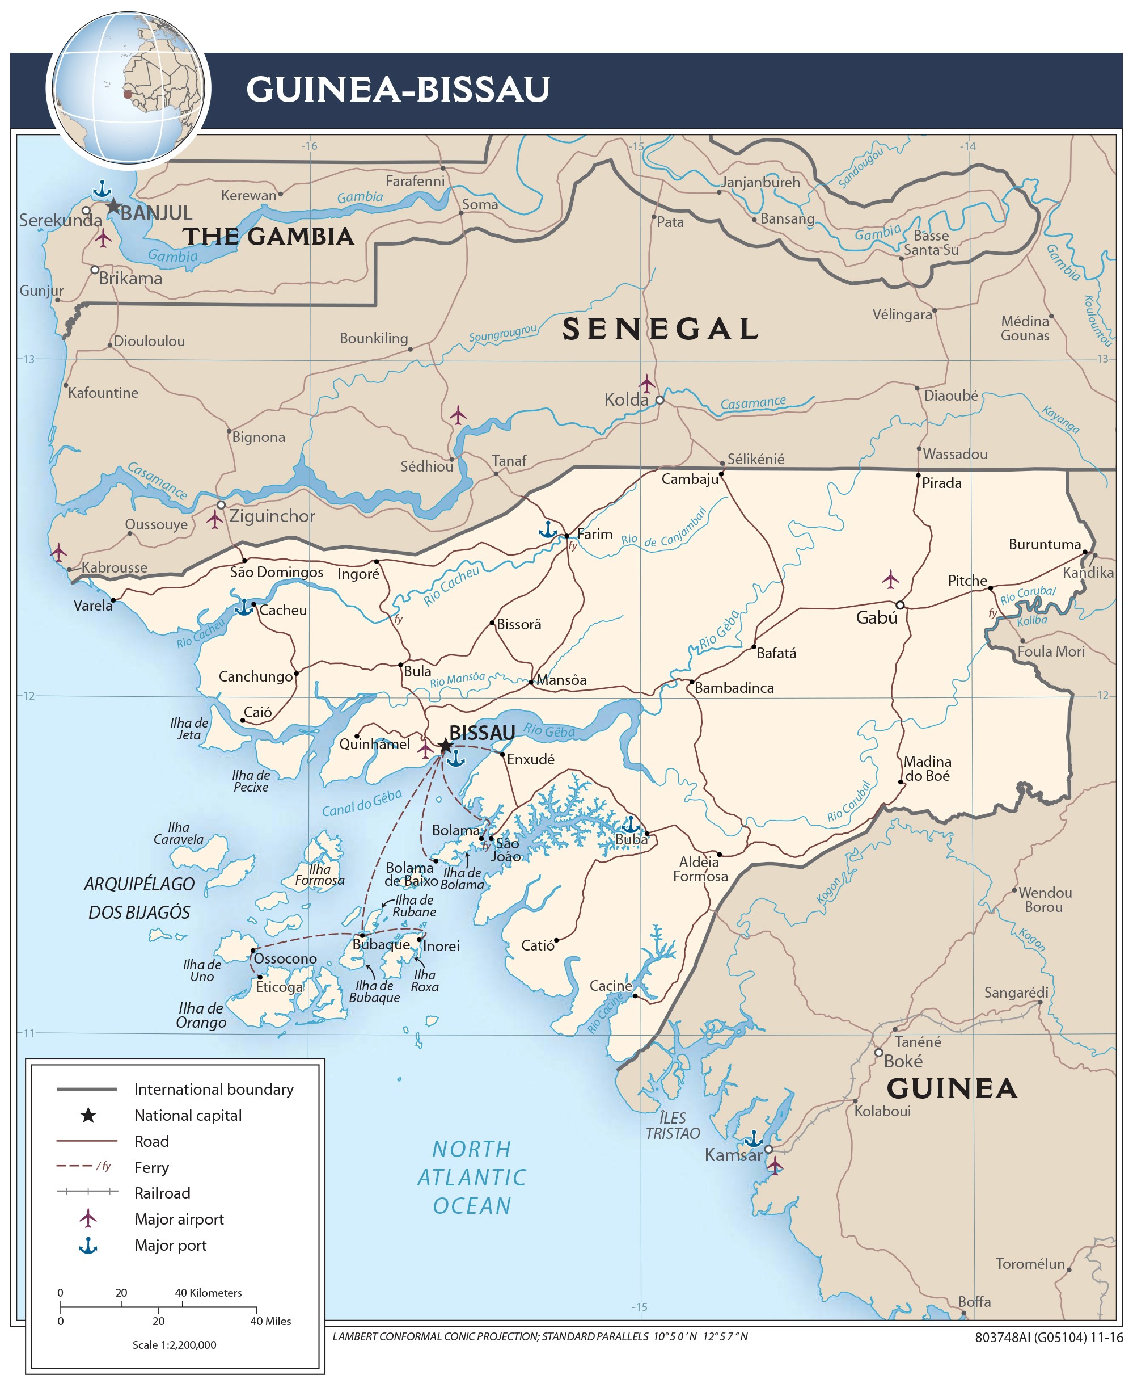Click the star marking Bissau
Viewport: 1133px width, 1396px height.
click(445, 746)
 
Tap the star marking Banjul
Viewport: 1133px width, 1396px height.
click(113, 207)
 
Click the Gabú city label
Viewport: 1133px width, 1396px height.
click(877, 617)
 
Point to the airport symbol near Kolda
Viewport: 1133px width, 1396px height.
click(646, 383)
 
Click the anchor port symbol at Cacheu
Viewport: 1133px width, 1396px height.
click(243, 607)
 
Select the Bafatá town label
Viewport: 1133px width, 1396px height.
click(776, 653)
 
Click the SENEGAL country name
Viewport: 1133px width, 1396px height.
click(661, 329)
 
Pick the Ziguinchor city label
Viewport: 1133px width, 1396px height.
click(272, 516)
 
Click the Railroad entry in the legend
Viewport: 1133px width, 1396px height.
click(162, 1193)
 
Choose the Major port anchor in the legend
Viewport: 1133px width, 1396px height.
click(88, 1246)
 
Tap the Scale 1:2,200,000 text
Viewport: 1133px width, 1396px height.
click(174, 1344)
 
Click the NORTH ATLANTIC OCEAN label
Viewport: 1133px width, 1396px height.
click(472, 1176)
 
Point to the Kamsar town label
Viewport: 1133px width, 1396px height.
click(732, 1155)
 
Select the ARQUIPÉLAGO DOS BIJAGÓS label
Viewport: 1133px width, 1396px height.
click(139, 898)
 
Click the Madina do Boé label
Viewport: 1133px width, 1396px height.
click(927, 768)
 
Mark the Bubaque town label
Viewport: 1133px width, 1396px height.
click(381, 944)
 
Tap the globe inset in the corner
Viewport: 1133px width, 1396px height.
click(128, 87)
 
